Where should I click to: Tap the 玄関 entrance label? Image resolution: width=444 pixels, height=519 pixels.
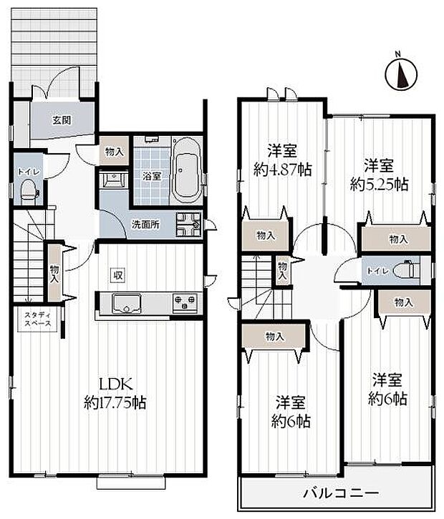click(62, 120)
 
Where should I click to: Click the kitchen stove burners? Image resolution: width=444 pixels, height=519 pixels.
click(185, 303)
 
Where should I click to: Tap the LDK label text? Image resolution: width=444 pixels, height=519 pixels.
click(115, 382)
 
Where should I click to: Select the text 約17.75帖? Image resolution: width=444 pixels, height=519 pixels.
click(115, 402)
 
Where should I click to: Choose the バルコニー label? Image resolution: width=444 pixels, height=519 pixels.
click(336, 493)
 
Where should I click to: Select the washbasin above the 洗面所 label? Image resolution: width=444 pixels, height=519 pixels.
click(113, 179)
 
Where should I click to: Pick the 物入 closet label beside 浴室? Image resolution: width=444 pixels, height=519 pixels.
click(113, 151)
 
